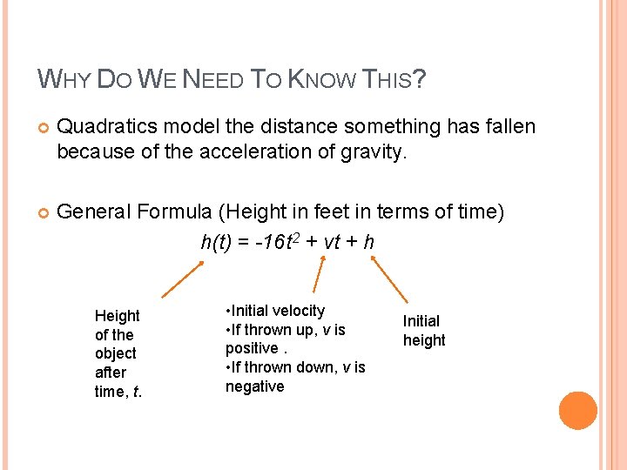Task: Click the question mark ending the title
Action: pyautogui.click(x=420, y=81)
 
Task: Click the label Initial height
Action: pyautogui.click(x=423, y=331)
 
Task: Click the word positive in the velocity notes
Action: pyautogui.click(x=252, y=348)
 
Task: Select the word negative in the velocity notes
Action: pyautogui.click(x=255, y=386)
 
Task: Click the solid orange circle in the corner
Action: pyautogui.click(x=578, y=411)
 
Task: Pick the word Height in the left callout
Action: pyautogui.click(x=117, y=316)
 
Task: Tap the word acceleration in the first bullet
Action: pyautogui.click(x=217, y=152)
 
